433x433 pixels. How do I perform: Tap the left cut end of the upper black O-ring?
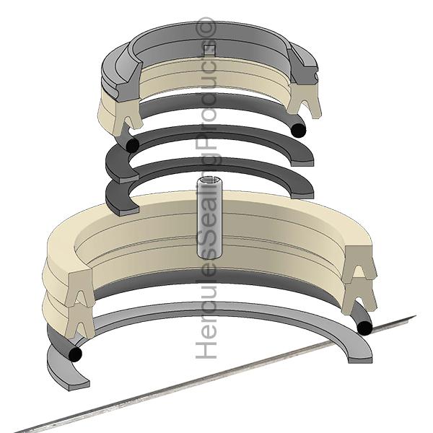pos(131,145)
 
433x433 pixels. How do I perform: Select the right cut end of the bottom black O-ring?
pos(364,328)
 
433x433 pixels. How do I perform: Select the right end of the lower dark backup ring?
pos(306,190)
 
